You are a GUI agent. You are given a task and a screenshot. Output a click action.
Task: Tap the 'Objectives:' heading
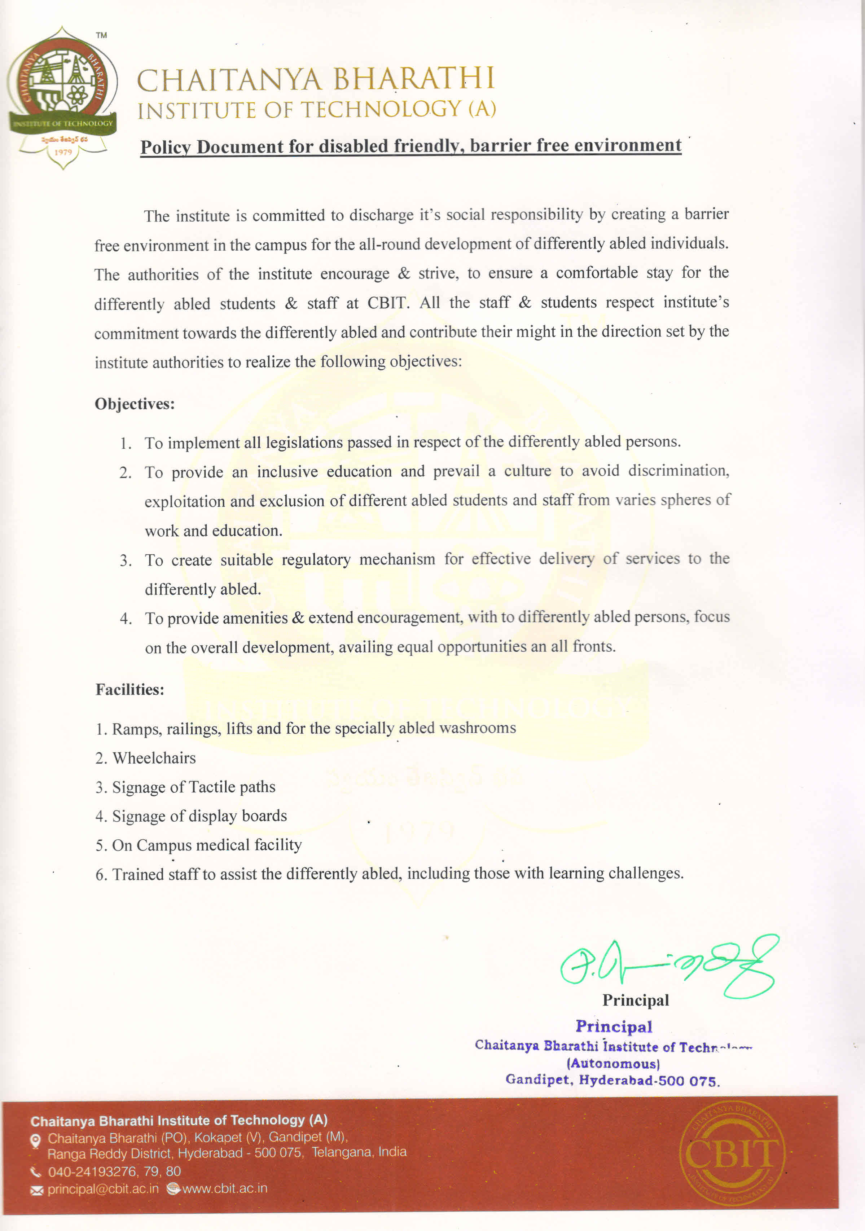[135, 404]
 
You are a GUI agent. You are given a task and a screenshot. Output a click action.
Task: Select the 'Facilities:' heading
[130, 690]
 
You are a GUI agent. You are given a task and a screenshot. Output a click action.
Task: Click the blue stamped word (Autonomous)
[613, 1063]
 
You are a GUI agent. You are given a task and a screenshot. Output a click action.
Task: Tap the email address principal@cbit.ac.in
[103, 1189]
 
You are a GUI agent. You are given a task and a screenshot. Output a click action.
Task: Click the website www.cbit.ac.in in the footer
[225, 1189]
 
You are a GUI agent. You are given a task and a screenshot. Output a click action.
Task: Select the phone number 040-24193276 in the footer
[92, 1171]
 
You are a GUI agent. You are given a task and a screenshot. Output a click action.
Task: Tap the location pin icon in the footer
[35, 1141]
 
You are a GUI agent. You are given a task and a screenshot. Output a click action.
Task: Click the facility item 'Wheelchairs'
[154, 758]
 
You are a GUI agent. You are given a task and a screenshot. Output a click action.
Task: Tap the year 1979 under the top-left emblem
[63, 152]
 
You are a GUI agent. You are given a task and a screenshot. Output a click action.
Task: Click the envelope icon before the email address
[36, 1190]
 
